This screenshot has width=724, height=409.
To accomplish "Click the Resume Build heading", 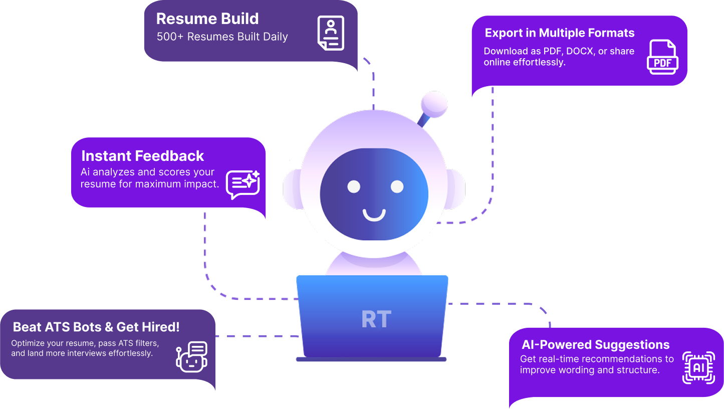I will [x=207, y=19].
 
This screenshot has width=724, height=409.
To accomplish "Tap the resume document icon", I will [x=331, y=33].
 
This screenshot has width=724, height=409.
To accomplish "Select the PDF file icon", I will [x=663, y=57].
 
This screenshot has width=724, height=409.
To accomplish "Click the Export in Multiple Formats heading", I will [x=560, y=33].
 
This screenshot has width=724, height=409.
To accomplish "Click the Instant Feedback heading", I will [x=143, y=156].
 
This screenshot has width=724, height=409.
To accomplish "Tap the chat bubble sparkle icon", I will [x=243, y=183].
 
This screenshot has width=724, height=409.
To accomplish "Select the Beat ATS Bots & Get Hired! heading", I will [x=96, y=327].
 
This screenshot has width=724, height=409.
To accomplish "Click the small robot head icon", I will [x=191, y=356].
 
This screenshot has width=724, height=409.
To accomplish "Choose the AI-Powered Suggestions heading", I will [x=596, y=345].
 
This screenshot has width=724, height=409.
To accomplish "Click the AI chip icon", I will [x=698, y=367].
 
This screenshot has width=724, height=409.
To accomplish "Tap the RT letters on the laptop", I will [x=376, y=319].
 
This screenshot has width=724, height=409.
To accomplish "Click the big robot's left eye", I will [x=354, y=186].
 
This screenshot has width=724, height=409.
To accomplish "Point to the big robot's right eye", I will [x=397, y=186].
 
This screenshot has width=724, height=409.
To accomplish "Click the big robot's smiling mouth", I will [x=374, y=216].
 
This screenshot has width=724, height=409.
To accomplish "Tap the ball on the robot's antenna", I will [x=433, y=103].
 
